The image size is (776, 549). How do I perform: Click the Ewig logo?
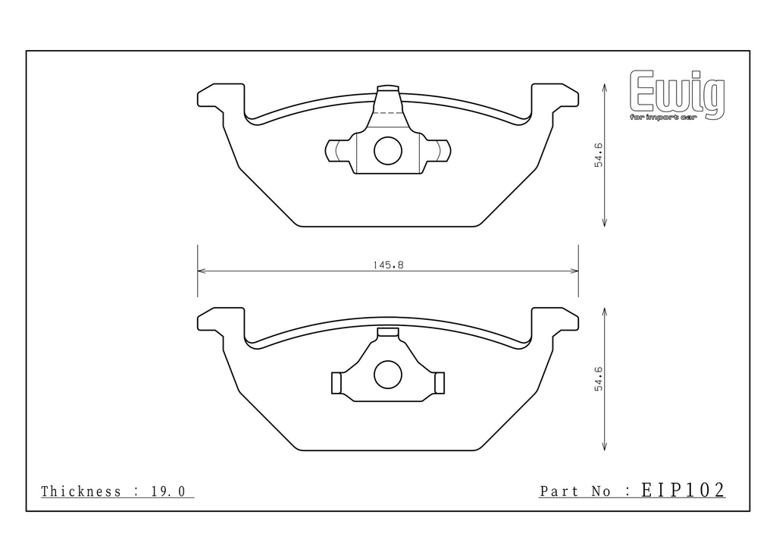coord(677,95)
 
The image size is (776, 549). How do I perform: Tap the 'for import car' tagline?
coord(662,118)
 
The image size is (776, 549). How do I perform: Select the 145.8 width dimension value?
coord(389,265)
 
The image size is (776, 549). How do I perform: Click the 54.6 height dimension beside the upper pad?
coord(599,155)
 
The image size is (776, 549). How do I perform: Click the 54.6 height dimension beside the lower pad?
coord(599,378)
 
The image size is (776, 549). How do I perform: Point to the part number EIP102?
coord(683,490)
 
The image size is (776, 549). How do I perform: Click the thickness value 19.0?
coord(167,491)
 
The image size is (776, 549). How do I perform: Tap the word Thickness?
coord(80,491)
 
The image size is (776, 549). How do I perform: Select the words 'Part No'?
coord(575,491)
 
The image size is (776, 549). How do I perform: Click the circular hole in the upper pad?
coord(388,150)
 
